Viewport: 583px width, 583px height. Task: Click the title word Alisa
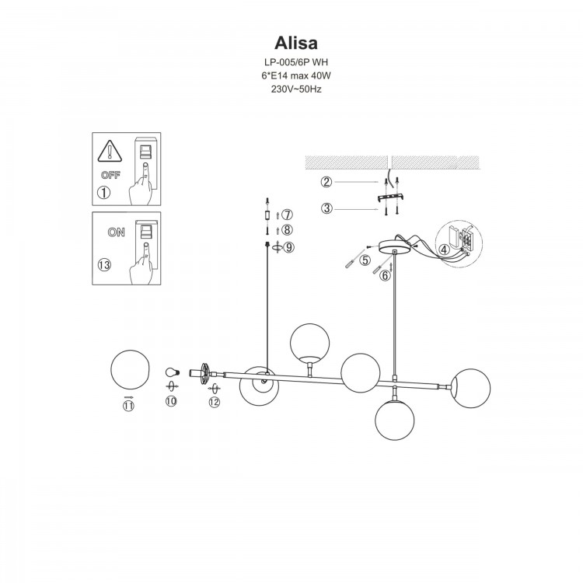tap(291, 40)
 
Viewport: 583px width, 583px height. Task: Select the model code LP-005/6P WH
tap(291, 62)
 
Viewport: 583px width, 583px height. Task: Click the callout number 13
tap(105, 265)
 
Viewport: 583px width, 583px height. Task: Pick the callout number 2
tap(327, 183)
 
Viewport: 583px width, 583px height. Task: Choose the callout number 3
tap(327, 208)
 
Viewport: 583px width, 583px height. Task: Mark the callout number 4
tap(443, 250)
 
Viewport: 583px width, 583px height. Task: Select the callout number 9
tap(288, 247)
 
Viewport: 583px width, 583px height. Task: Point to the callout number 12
tap(215, 402)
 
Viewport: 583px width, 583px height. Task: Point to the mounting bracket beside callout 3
tap(389, 198)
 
